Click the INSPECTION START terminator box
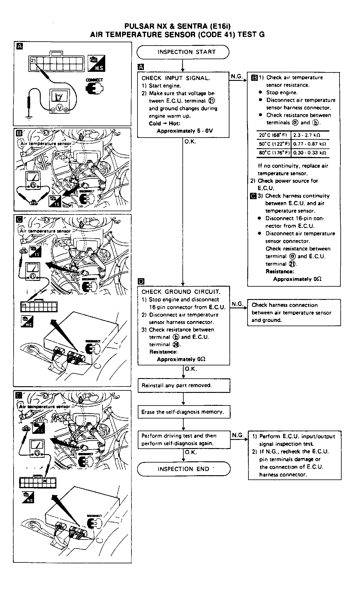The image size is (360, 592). point(183,52)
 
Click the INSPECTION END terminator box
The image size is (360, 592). point(183,469)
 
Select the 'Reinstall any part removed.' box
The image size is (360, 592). point(184,385)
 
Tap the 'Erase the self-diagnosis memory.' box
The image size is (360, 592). point(184,412)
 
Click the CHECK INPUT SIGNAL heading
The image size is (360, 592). point(175,78)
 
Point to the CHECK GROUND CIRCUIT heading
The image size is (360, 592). point(181,292)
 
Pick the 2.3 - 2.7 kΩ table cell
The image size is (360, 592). point(307,135)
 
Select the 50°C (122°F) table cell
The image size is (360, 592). point(273,144)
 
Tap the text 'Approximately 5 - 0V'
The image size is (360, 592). point(185,131)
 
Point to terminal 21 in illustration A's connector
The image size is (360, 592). point(33,61)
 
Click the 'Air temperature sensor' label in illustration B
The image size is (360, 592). point(46,144)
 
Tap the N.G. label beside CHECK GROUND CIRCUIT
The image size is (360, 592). point(237,304)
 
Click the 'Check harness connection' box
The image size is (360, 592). point(294,313)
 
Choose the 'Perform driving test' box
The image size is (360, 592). point(184,440)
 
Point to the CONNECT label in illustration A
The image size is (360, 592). point(94,80)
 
